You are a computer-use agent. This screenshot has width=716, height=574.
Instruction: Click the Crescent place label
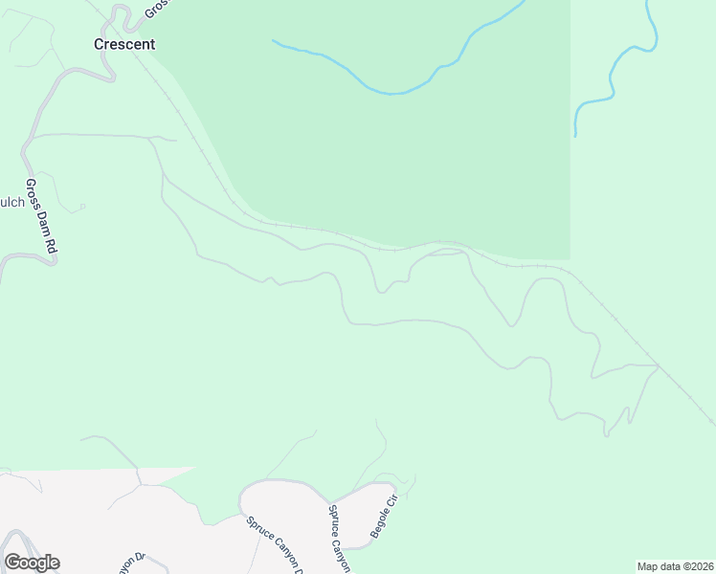click(123, 44)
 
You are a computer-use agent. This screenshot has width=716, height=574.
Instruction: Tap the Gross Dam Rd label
click(42, 216)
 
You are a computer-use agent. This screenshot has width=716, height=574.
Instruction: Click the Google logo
click(32, 563)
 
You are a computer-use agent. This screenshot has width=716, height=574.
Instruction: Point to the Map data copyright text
click(676, 566)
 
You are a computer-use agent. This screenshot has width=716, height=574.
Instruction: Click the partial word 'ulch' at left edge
click(12, 202)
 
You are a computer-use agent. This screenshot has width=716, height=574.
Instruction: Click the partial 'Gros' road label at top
click(156, 9)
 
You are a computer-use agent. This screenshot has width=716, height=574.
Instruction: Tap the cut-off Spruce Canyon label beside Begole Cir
click(340, 538)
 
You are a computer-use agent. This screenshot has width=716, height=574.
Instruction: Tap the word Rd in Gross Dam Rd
click(51, 244)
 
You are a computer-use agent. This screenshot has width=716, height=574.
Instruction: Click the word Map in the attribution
click(648, 566)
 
